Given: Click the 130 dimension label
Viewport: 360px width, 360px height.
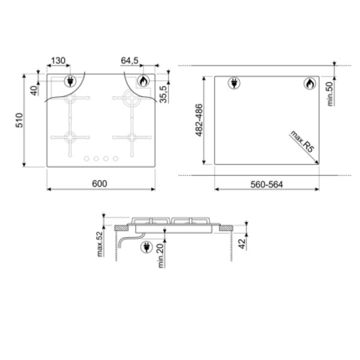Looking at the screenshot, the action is coord(58,61).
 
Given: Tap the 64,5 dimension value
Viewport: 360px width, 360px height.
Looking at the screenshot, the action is coord(130,61).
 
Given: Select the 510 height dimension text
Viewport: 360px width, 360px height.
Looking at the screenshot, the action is coord(19,120).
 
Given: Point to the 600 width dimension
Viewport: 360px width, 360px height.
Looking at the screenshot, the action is coord(100,184).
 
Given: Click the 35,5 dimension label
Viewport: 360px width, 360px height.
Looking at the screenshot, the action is coord(163,95).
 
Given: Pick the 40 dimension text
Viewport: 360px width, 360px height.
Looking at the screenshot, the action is coord(34,91).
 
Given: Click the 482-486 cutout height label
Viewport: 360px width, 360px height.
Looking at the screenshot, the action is coord(199,120).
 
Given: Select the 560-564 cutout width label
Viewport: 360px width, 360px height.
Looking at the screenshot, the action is coord(266,185).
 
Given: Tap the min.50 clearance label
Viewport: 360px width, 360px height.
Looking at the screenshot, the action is coord(330,94).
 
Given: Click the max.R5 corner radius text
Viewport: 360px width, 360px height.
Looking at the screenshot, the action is coord(302,142).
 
